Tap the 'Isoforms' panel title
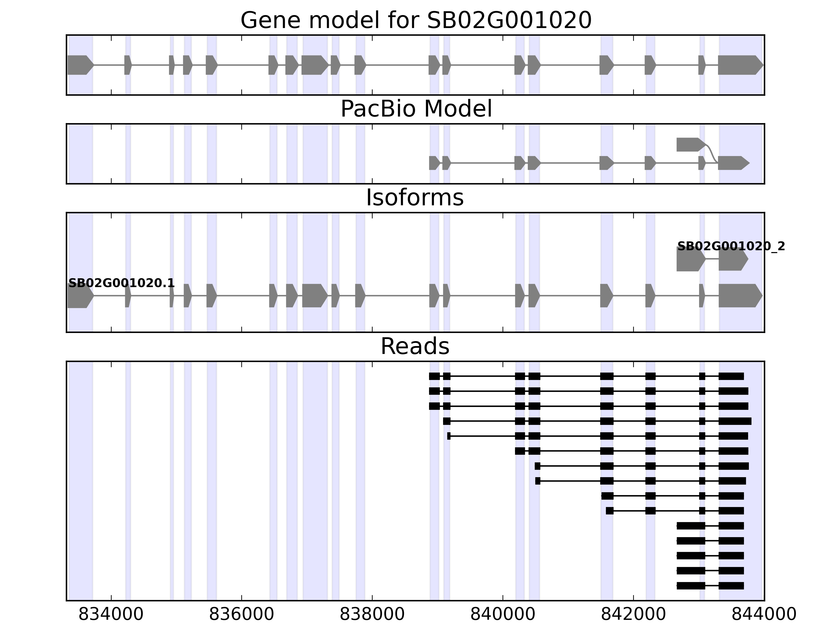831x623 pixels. (x=414, y=198)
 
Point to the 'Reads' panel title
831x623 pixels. (x=415, y=346)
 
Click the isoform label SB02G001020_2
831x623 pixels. (x=731, y=247)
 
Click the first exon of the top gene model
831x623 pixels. (x=80, y=65)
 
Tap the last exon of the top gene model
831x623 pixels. (x=739, y=65)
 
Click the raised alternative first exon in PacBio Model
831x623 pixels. (x=690, y=145)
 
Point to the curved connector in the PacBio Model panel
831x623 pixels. (x=711, y=153)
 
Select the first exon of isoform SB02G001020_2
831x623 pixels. (x=690, y=259)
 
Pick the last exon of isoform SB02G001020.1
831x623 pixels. (x=739, y=296)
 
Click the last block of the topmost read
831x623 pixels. (x=731, y=376)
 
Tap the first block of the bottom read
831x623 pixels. (x=691, y=585)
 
